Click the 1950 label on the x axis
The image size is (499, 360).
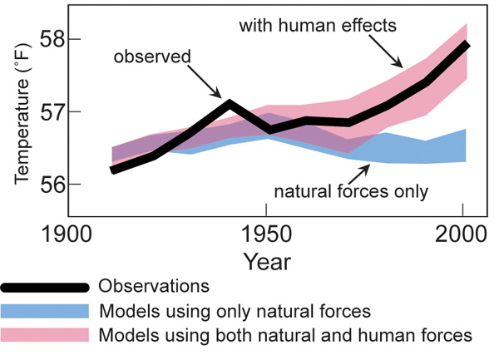click(x=265, y=232)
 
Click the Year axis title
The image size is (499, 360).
click(x=266, y=261)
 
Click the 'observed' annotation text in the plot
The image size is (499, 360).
click(x=152, y=57)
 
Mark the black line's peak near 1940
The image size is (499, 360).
click(x=230, y=103)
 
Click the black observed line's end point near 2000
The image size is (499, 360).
click(x=467, y=45)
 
